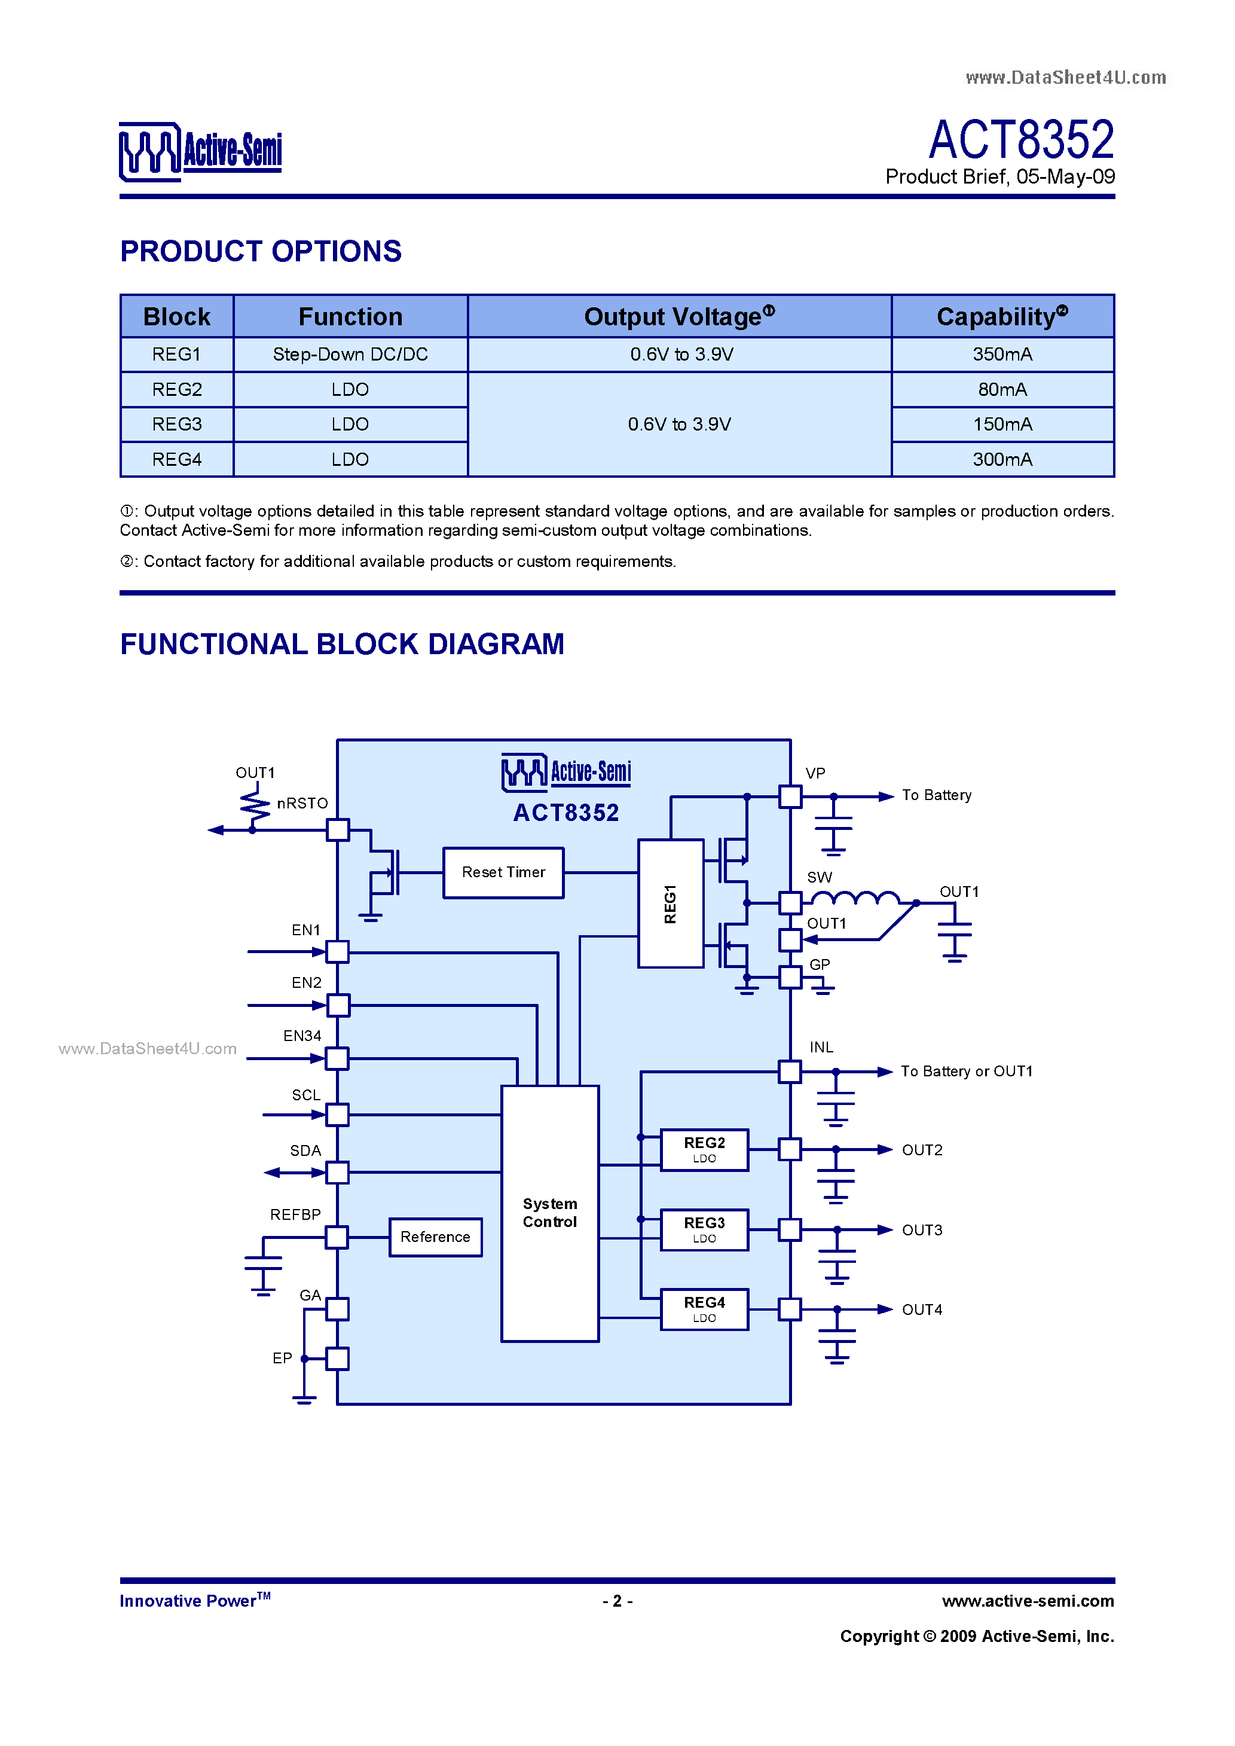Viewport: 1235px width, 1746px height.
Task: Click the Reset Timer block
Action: pos(503,872)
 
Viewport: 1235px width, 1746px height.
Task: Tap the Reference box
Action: pos(435,1237)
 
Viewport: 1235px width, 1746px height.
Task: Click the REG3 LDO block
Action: pos(704,1229)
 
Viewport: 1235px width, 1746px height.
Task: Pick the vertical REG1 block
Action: pos(670,903)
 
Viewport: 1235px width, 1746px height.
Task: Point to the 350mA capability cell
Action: pos(1002,355)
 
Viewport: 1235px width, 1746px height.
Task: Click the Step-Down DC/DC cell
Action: pos(350,355)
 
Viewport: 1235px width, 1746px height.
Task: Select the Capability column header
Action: pos(1002,316)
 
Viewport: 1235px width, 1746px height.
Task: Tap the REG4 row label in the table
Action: pos(176,459)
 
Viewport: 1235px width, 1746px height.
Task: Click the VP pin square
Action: pos(790,796)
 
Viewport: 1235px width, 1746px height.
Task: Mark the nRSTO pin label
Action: pos(302,803)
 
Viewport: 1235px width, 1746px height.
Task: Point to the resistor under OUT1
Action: pos(255,806)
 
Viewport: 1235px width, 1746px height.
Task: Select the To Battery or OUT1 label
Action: pos(967,1071)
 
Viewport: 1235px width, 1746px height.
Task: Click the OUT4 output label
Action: pos(922,1309)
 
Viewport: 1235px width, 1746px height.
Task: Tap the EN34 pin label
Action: pos(302,1036)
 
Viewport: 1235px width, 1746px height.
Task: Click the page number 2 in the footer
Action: pos(617,1601)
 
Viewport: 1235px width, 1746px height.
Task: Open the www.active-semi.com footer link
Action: pos(1028,1601)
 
